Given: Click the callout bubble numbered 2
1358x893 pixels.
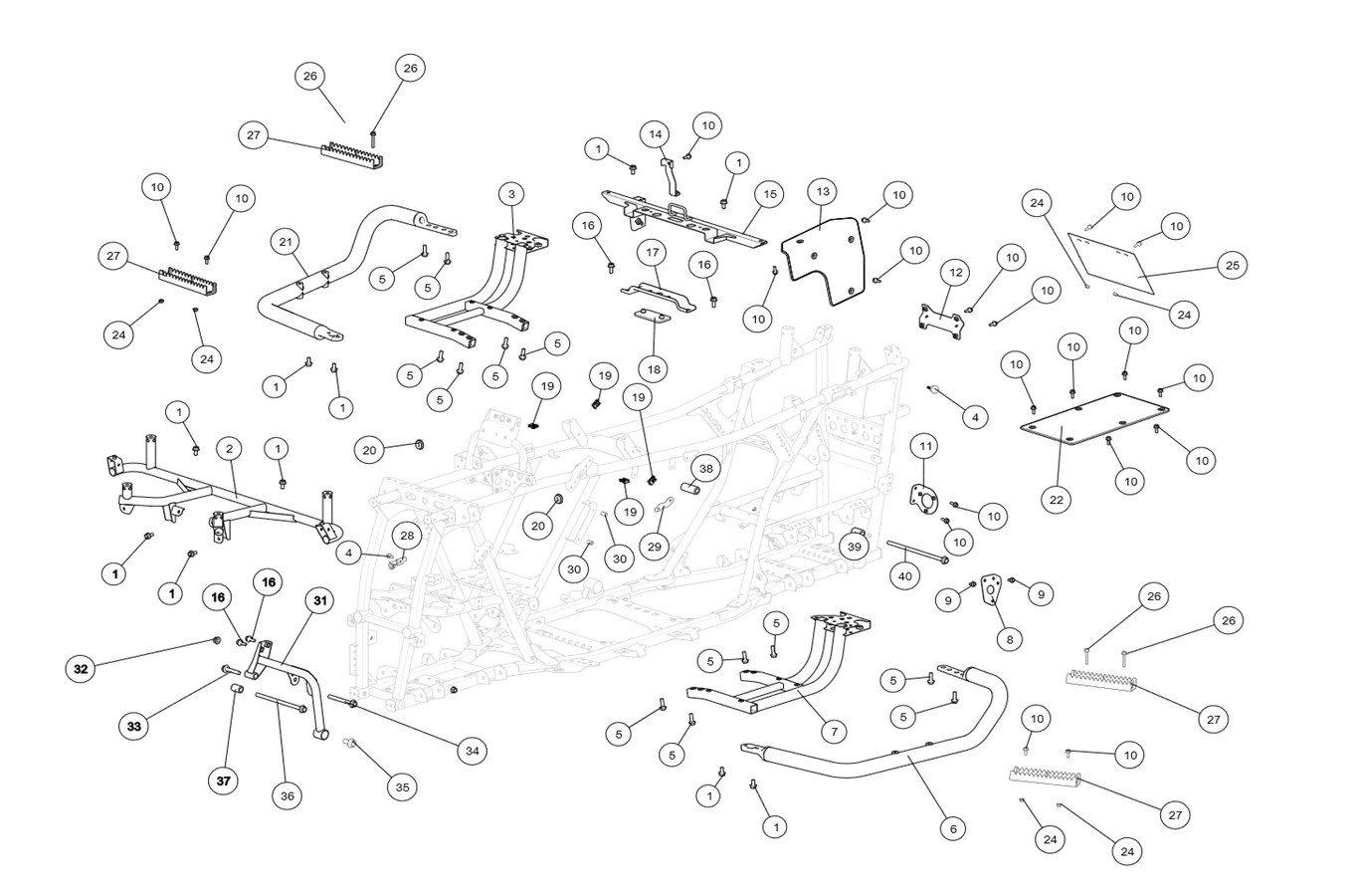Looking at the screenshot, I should tap(229, 449).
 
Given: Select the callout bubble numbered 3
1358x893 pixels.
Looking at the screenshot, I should tap(511, 193).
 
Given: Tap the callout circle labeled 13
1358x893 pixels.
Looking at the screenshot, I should tap(822, 191).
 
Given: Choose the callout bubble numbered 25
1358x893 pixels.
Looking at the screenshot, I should tap(1233, 265).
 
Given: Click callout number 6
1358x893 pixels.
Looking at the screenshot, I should tap(952, 828).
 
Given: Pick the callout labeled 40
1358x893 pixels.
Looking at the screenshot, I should tap(904, 576).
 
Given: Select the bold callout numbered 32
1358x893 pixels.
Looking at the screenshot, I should tap(81, 669).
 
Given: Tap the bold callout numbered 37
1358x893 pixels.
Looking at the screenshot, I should tap(224, 781).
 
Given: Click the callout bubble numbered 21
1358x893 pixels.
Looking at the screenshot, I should tap(286, 242).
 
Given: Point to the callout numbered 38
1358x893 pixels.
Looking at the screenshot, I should tap(705, 468).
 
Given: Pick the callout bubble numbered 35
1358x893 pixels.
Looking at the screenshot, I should tap(401, 786).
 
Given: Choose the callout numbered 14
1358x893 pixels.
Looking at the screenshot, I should tap(655, 133).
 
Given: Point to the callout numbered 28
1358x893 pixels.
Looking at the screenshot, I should tap(406, 535).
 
